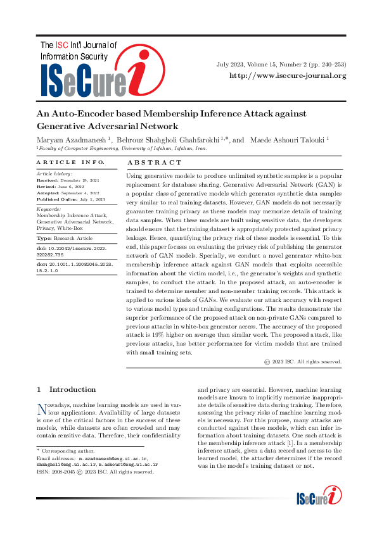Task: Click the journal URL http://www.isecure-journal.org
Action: (x=287, y=76)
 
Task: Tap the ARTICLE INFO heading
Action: (x=64, y=162)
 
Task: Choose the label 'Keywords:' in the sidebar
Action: (x=48, y=208)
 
